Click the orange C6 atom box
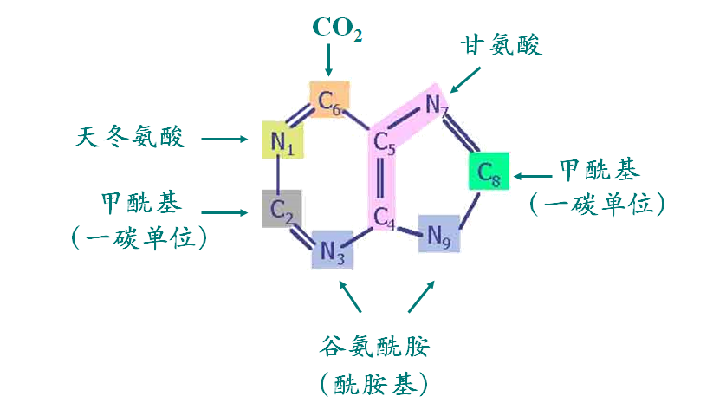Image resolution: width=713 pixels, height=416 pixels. [330, 100]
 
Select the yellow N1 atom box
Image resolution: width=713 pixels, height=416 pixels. [282, 140]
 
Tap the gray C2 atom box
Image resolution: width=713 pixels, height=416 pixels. [282, 209]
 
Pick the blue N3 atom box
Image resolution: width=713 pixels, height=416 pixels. [333, 250]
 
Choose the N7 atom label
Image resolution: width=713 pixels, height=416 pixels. [437, 106]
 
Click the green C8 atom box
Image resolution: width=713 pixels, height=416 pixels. [489, 172]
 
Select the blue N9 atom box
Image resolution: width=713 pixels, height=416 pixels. [439, 234]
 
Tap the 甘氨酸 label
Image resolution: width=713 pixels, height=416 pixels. [501, 45]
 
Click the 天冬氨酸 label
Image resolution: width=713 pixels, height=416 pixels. [131, 136]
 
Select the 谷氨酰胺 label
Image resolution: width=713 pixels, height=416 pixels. [374, 348]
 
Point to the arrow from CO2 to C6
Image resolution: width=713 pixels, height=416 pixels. [328, 61]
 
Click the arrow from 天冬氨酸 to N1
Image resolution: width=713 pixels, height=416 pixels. [224, 139]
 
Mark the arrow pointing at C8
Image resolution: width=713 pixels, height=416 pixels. [533, 176]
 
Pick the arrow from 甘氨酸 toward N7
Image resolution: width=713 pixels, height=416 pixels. [464, 81]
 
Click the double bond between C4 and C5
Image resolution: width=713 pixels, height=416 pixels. [381, 181]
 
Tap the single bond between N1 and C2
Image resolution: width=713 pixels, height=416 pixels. [278, 174]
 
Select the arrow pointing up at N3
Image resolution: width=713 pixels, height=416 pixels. [350, 296]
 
